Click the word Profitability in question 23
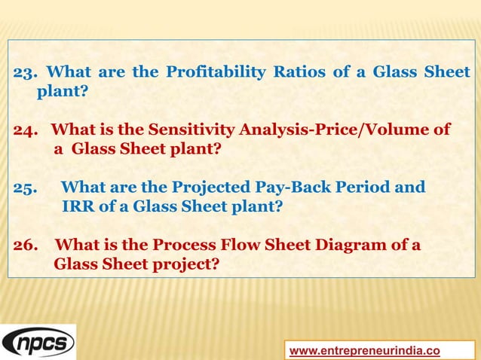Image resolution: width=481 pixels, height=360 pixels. [215, 73]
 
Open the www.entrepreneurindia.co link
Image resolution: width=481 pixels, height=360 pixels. [365, 350]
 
